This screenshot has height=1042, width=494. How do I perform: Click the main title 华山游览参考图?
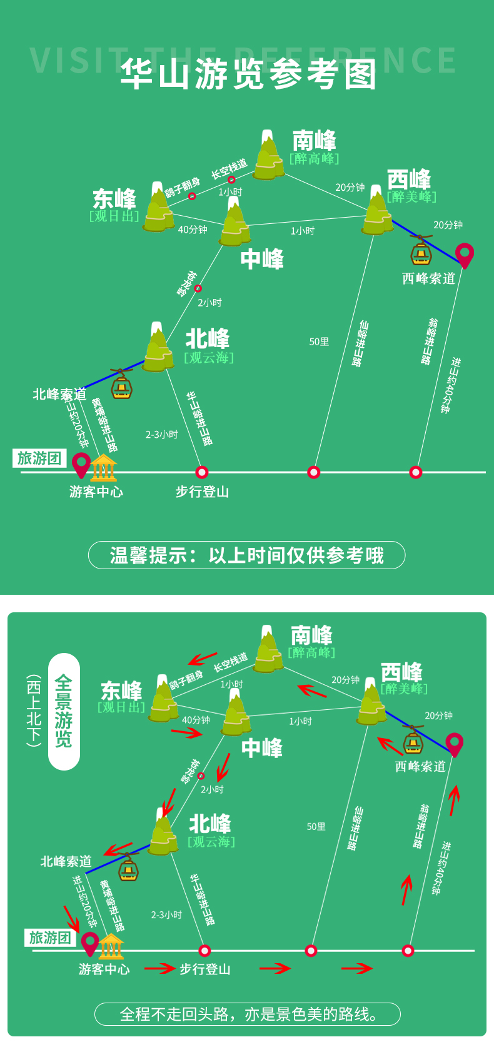point(248,74)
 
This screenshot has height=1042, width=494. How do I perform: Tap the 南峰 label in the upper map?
point(314,140)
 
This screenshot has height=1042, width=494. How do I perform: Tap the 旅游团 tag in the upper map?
point(39,458)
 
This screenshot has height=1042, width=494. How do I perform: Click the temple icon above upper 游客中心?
point(104,468)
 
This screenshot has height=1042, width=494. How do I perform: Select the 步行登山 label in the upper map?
point(202,492)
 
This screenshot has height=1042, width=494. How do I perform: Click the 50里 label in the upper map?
point(319,341)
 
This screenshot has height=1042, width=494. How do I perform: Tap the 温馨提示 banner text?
point(247,555)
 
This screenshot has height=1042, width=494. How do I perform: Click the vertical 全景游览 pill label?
point(64,711)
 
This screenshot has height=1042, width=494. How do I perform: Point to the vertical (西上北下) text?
point(34,711)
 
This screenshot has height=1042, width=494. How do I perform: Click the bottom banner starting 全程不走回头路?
point(248,1014)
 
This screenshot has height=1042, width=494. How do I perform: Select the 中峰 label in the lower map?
point(261,748)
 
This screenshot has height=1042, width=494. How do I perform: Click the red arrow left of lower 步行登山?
point(159,969)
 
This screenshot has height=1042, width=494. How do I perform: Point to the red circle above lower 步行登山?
point(204,951)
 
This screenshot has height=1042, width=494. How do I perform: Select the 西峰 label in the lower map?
point(401,672)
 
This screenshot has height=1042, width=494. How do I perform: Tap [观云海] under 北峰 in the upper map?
point(209,358)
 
